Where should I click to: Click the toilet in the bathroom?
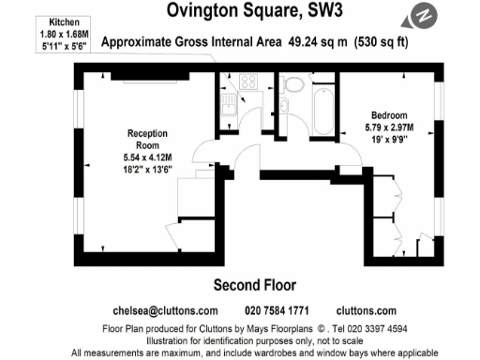tap(293, 85)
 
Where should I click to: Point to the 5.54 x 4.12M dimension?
tap(148, 157)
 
